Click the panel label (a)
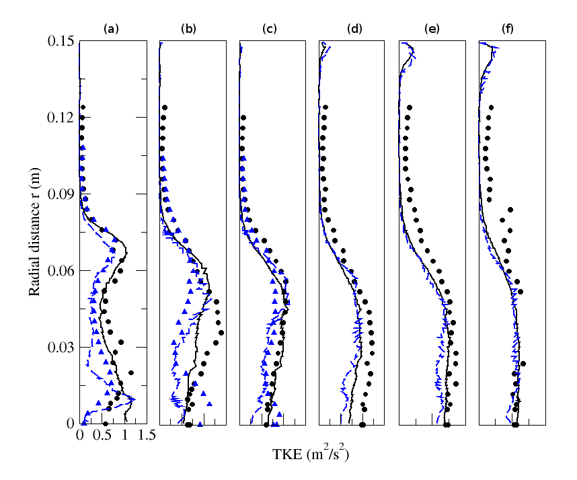111,28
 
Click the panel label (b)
189,28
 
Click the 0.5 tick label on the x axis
102,436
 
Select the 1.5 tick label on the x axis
147,436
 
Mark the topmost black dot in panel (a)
83,107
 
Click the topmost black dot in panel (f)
491,108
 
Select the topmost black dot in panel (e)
409,108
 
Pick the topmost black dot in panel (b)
164,108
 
